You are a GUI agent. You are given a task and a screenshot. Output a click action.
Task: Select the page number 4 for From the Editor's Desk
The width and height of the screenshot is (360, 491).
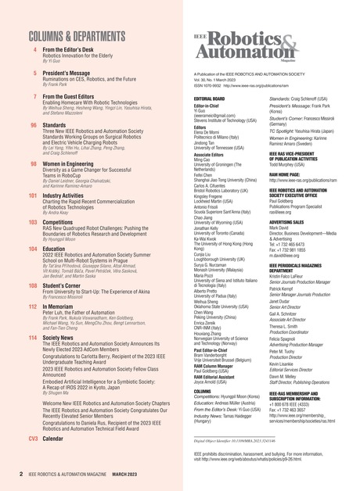[34, 49]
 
